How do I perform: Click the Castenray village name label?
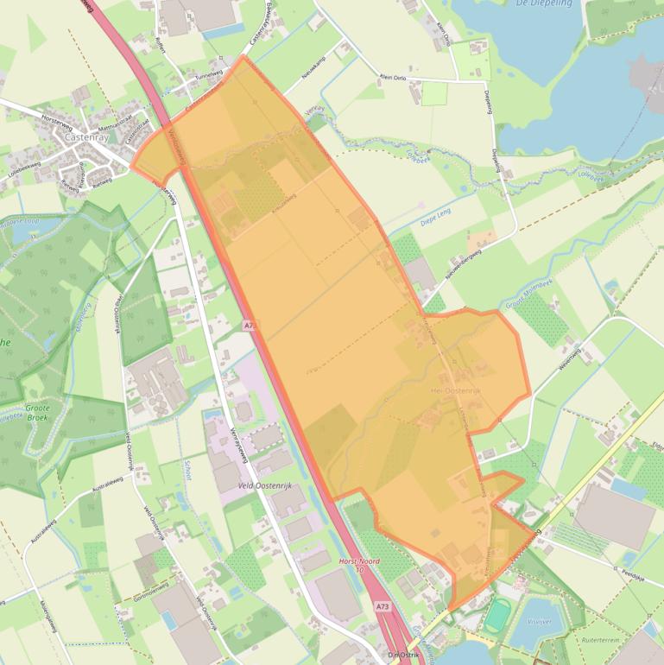coord(84,137)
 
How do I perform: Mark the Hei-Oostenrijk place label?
coord(454,391)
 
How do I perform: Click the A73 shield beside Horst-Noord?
coord(383,607)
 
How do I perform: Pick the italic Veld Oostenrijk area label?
coord(266,485)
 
